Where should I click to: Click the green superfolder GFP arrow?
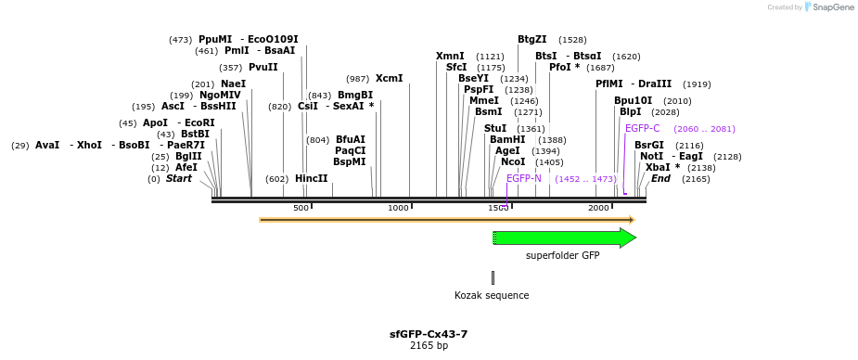(x=564, y=238)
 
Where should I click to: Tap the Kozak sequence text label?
(x=492, y=296)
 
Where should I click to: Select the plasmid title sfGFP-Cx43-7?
(x=429, y=334)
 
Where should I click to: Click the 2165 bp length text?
(x=429, y=346)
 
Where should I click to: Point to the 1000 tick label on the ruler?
(x=399, y=208)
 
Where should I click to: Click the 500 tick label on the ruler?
(x=301, y=208)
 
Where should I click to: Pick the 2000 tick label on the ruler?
(x=598, y=208)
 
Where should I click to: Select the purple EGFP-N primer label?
(x=524, y=178)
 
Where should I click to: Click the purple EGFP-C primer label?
(x=643, y=129)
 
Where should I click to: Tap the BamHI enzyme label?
(x=507, y=140)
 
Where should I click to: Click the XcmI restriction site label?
(x=389, y=79)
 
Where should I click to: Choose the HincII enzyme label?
(x=312, y=179)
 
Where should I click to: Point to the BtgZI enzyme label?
(x=531, y=40)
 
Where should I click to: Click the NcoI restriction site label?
(x=513, y=162)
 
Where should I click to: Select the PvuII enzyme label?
(x=263, y=68)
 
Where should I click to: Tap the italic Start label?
(x=179, y=179)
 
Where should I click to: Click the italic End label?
(x=660, y=179)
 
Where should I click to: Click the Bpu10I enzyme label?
(x=633, y=101)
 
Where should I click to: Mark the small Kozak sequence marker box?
(x=493, y=277)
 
